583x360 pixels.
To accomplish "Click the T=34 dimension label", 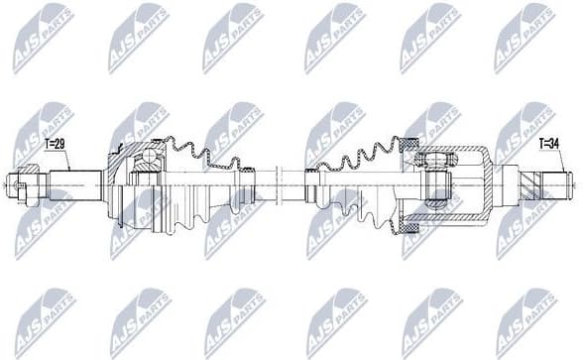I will click(548, 146).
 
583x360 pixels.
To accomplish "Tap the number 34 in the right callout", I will click(553, 146).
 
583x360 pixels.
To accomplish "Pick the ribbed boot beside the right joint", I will click(362, 164).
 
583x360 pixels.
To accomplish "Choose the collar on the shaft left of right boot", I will click(313, 182).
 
